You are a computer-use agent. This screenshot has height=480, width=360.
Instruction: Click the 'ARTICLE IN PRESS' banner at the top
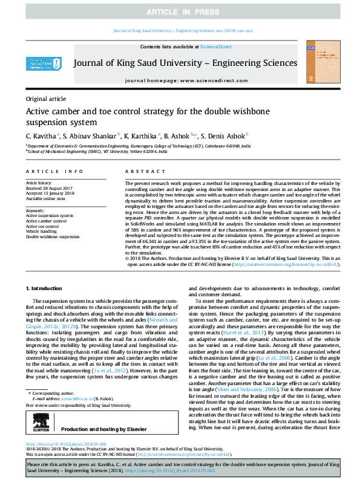click(180, 11)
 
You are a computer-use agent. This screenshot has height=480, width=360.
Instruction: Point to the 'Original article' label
click(46, 99)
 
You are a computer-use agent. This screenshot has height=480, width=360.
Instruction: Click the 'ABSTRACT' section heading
click(140, 172)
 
